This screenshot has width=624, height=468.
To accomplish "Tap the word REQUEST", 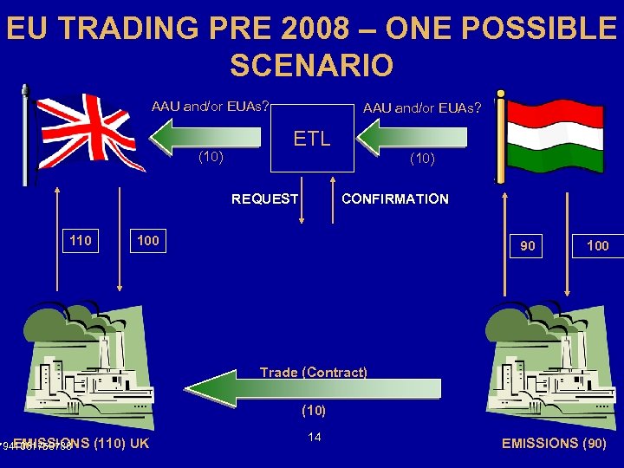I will point(264,199).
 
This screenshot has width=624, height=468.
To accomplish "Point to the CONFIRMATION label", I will point(395,199).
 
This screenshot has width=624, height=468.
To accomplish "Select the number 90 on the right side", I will point(528,246).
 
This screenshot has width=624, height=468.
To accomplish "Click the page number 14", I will point(315,437).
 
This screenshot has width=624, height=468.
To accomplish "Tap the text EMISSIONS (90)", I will point(555,444).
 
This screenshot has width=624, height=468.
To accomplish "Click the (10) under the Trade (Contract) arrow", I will point(313,409).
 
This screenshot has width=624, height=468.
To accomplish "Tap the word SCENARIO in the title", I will point(311,65).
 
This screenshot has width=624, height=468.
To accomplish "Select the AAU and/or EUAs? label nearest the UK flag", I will point(210,107).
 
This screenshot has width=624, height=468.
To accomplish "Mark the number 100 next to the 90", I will point(597,246).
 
